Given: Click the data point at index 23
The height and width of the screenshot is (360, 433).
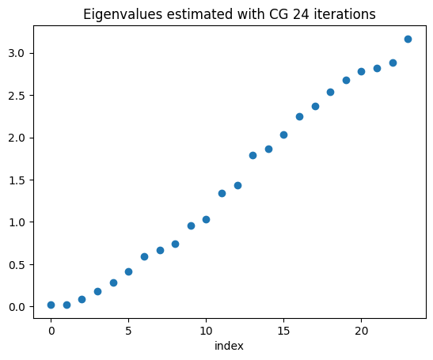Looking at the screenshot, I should click(x=408, y=39).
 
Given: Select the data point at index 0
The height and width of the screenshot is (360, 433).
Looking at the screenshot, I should click(x=51, y=305).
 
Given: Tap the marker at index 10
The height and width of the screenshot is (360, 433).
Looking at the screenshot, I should click(x=206, y=219).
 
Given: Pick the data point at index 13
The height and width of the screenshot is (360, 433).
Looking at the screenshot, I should click(x=253, y=155).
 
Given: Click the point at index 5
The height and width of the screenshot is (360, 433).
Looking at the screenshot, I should click(x=128, y=271).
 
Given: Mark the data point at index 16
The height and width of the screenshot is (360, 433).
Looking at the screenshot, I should click(x=299, y=116).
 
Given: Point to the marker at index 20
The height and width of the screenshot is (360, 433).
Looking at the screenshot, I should click(x=361, y=71).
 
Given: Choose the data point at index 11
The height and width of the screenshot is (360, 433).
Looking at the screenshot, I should click(x=222, y=193).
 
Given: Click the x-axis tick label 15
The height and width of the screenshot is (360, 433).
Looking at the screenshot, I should click(x=283, y=330).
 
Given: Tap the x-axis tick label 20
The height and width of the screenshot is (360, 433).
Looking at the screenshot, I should click(x=361, y=330).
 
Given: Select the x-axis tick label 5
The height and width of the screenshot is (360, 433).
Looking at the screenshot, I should click(x=128, y=330).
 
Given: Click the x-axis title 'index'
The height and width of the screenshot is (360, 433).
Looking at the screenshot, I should click(x=230, y=346).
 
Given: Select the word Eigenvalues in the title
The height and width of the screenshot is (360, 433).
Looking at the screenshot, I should click(x=117, y=13).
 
